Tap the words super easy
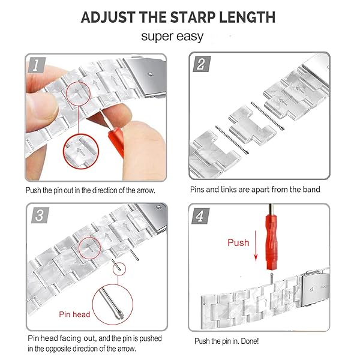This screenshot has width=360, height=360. pos(172,37)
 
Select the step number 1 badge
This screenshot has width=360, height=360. pos(37,65)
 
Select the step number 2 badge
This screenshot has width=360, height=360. pos(202,64)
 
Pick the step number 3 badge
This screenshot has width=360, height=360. pos(40,215)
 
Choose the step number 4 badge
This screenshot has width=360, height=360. pos(200,216)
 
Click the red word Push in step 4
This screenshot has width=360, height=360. pos(238,242)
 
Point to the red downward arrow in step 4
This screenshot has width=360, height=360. pos(256,246)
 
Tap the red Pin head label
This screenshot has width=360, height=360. pos(74,314)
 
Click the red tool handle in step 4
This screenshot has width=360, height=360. pos(272,242)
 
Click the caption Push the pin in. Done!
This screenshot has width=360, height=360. pos(226,341)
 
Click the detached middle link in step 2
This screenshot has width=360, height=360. pos(252,125)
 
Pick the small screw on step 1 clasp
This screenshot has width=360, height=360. pos(150,74)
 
